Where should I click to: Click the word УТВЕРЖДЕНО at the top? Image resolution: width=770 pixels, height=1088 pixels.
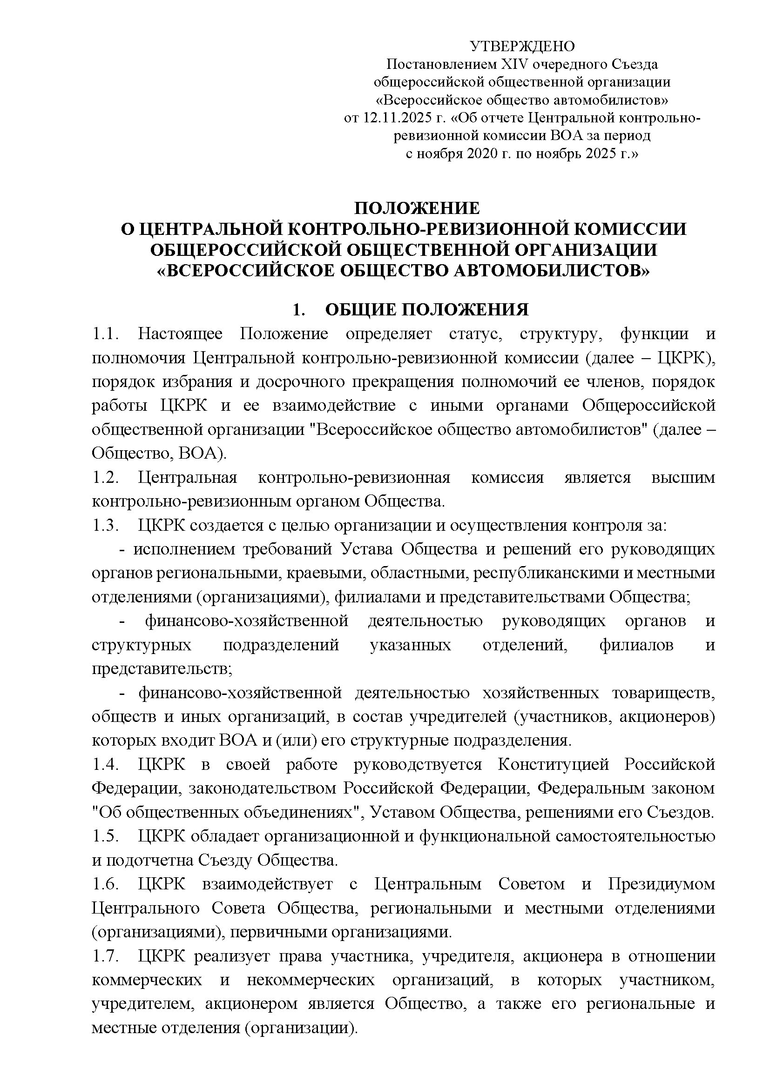tap(522, 47)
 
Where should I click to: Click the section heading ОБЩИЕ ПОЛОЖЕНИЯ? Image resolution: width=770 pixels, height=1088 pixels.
tap(427, 310)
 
